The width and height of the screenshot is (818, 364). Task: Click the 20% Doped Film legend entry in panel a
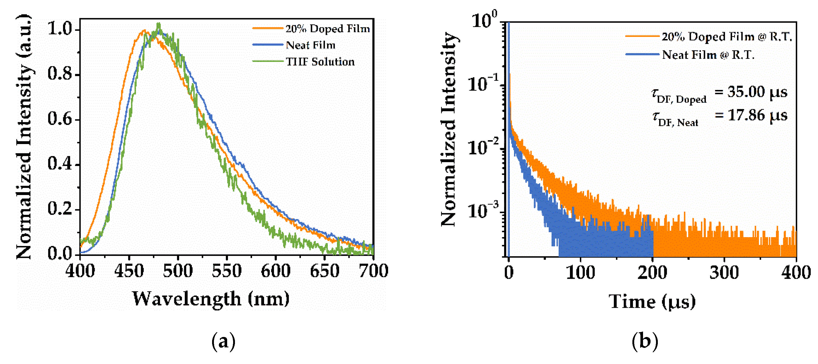(327, 29)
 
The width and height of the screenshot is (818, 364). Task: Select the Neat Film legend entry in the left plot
(310, 45)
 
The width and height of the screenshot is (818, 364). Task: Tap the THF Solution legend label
(320, 62)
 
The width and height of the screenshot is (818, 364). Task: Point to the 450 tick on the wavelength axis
(129, 271)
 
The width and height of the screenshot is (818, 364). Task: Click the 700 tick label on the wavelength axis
(373, 271)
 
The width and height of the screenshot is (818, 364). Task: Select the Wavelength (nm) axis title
(211, 299)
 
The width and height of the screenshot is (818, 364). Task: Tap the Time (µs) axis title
(652, 301)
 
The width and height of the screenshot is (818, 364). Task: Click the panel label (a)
(223, 341)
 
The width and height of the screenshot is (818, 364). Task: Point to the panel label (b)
(645, 341)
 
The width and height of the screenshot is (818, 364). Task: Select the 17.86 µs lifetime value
(757, 115)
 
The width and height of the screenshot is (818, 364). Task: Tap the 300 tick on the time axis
(724, 273)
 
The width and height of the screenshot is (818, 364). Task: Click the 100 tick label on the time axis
(580, 273)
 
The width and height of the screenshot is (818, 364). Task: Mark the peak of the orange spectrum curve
(145, 30)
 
